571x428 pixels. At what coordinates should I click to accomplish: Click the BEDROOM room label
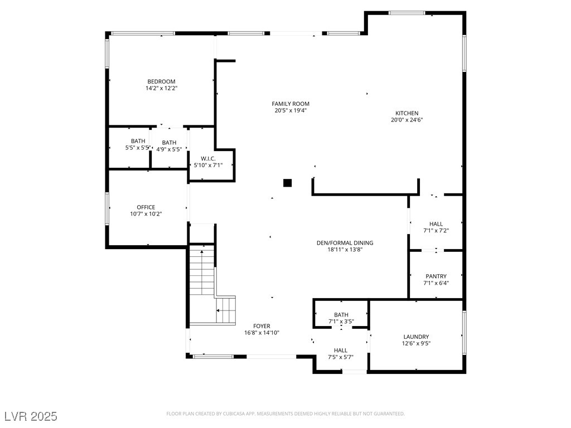pos(161,81)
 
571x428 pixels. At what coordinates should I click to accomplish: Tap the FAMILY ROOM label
pos(290,104)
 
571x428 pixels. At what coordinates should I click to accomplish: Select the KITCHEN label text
pos(407,113)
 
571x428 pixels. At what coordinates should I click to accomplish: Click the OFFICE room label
pos(146,207)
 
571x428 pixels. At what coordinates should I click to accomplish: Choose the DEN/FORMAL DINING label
pos(345,243)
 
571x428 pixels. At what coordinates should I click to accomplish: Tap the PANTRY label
pos(435,276)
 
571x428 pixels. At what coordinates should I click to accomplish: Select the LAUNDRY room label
pos(416,337)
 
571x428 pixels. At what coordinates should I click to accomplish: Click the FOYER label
pos(262,326)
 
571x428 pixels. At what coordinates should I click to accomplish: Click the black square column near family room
pos(288,182)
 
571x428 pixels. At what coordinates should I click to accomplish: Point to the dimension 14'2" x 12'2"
pos(161,88)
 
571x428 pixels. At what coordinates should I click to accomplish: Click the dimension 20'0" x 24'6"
pos(407,120)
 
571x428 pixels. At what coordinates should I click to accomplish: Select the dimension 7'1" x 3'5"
pos(341,322)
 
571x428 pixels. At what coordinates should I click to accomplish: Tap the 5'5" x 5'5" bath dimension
pos(138,148)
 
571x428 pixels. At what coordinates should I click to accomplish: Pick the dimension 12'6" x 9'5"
pos(416,343)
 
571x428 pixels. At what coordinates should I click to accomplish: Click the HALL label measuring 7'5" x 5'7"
pos(340,351)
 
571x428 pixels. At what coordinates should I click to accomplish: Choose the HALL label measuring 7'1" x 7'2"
pos(435,224)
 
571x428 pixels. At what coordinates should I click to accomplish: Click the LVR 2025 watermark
pos(31,416)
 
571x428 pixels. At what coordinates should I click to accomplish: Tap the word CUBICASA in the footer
pos(229,414)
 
